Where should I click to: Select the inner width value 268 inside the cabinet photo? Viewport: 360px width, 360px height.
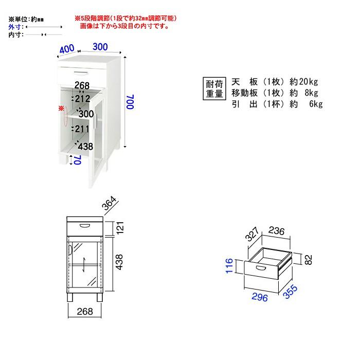(x=82, y=85)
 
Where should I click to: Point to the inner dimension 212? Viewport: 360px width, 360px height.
(x=82, y=99)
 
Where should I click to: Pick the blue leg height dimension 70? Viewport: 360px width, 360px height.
(x=77, y=160)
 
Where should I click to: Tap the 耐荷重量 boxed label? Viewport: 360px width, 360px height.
(x=214, y=88)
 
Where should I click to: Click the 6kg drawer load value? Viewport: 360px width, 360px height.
(x=315, y=105)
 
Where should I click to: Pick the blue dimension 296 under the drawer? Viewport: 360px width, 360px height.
(x=261, y=298)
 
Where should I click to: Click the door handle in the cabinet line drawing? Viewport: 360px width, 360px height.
(x=70, y=250)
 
